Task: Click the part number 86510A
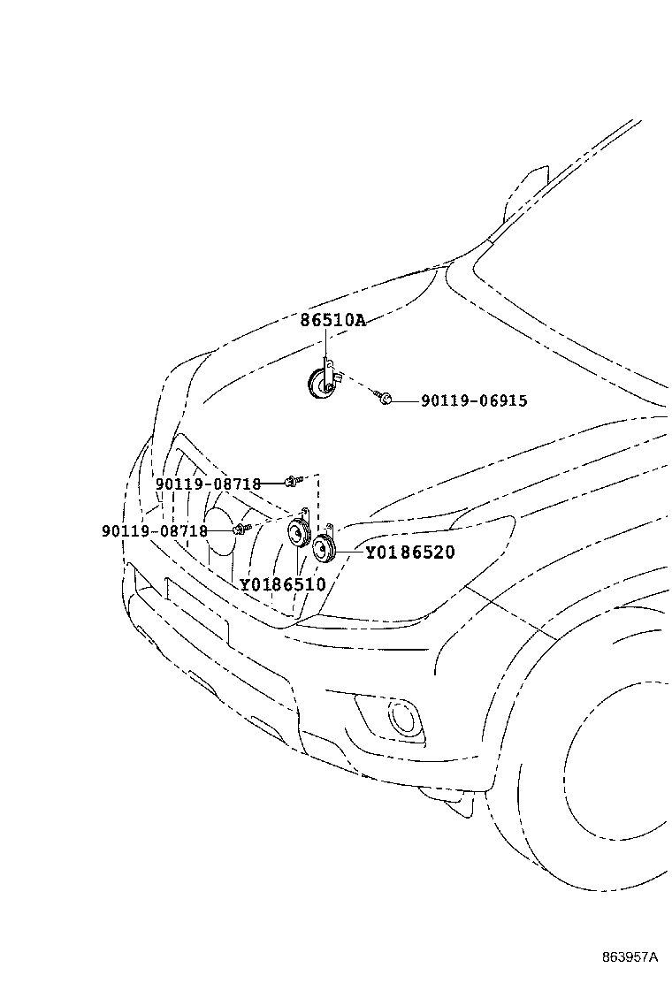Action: coord(332,320)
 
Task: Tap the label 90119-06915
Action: coord(474,400)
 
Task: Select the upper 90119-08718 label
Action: coord(208,484)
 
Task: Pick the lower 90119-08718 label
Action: coord(154,531)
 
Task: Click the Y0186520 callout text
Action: coord(410,552)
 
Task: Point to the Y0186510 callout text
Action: coord(283,585)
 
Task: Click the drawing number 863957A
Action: coord(630,957)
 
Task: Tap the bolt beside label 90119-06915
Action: coord(385,397)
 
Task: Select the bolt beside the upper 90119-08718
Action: coord(292,482)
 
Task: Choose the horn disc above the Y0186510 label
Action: coord(298,533)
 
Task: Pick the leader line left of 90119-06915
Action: coord(406,400)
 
